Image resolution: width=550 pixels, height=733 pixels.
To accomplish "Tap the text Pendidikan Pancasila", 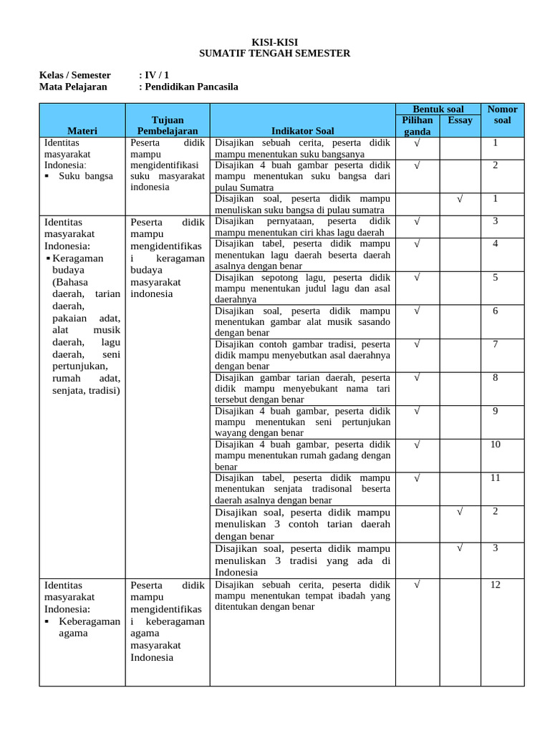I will tap(191, 87).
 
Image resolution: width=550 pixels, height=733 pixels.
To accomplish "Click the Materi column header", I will tap(82, 131).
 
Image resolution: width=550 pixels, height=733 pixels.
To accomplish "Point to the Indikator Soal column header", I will tap(303, 131).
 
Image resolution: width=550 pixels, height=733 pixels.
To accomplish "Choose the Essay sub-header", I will tap(460, 120).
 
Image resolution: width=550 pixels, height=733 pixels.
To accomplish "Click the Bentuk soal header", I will tap(438, 109).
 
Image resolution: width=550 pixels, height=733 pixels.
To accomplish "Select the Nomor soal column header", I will tap(502, 115).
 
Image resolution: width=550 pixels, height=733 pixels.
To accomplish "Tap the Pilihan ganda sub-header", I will tap(417, 126).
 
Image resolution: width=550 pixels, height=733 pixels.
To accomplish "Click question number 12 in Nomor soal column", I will tap(496, 585).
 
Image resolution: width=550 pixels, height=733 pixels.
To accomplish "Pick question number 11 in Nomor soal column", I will tap(496, 477).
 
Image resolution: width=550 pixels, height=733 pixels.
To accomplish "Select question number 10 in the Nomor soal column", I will tap(496, 445).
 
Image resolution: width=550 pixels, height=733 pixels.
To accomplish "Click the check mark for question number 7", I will tap(417, 344).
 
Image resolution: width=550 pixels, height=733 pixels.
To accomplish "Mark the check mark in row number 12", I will tap(417, 585).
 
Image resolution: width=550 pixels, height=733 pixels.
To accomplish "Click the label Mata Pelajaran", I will tap(72, 87).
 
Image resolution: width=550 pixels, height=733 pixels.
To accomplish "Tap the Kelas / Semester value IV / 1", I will tap(156, 75).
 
